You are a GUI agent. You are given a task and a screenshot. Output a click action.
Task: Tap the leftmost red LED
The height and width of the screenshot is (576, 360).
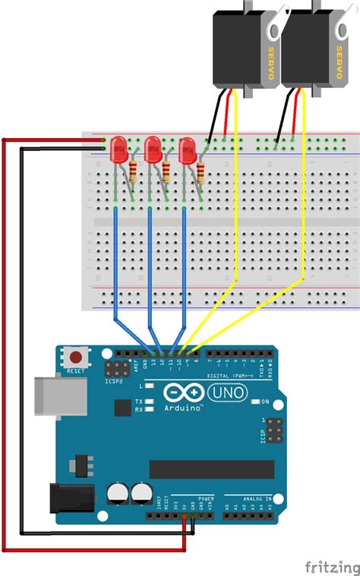[118, 147]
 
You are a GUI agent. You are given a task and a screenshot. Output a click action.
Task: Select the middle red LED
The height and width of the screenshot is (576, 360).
[153, 147]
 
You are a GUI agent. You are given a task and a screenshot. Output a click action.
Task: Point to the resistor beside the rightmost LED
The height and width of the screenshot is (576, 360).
[201, 172]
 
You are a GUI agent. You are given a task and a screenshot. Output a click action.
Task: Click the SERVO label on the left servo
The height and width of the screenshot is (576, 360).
[270, 61]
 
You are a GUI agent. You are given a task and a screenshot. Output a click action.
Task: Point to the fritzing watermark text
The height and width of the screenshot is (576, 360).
[332, 566]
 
